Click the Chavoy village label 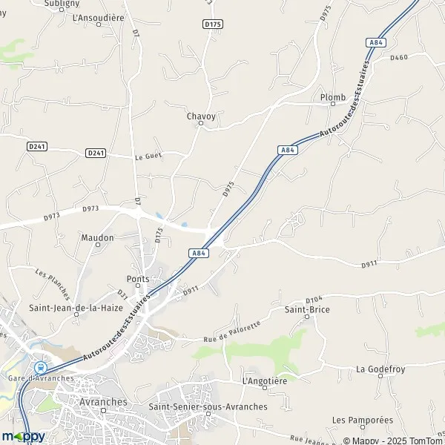(200, 116)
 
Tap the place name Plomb (333, 97)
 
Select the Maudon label (97, 237)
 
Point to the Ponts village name (138, 279)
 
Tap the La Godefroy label (380, 369)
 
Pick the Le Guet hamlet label (148, 157)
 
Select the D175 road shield (212, 24)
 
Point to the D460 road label (398, 57)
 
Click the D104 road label (314, 297)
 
